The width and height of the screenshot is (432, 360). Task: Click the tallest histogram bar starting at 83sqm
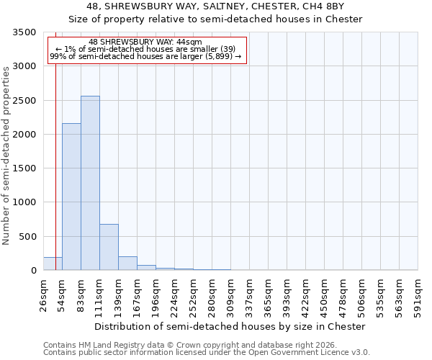click(x=90, y=184)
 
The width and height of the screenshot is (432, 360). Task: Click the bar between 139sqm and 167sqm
click(x=127, y=263)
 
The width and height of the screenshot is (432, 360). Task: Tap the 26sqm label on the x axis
click(x=44, y=295)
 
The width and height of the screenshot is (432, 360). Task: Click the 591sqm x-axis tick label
click(x=418, y=295)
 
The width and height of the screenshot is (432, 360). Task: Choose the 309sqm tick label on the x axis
click(x=231, y=295)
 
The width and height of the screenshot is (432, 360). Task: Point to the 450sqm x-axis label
click(x=325, y=295)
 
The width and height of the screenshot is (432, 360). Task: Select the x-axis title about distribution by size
click(x=230, y=326)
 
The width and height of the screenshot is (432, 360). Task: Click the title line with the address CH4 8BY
click(x=215, y=6)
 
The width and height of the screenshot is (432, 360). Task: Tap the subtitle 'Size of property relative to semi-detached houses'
click(x=215, y=19)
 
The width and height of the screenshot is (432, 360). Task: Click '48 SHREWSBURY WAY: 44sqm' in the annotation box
click(x=146, y=42)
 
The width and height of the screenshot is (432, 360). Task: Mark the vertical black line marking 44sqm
click(x=55, y=144)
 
